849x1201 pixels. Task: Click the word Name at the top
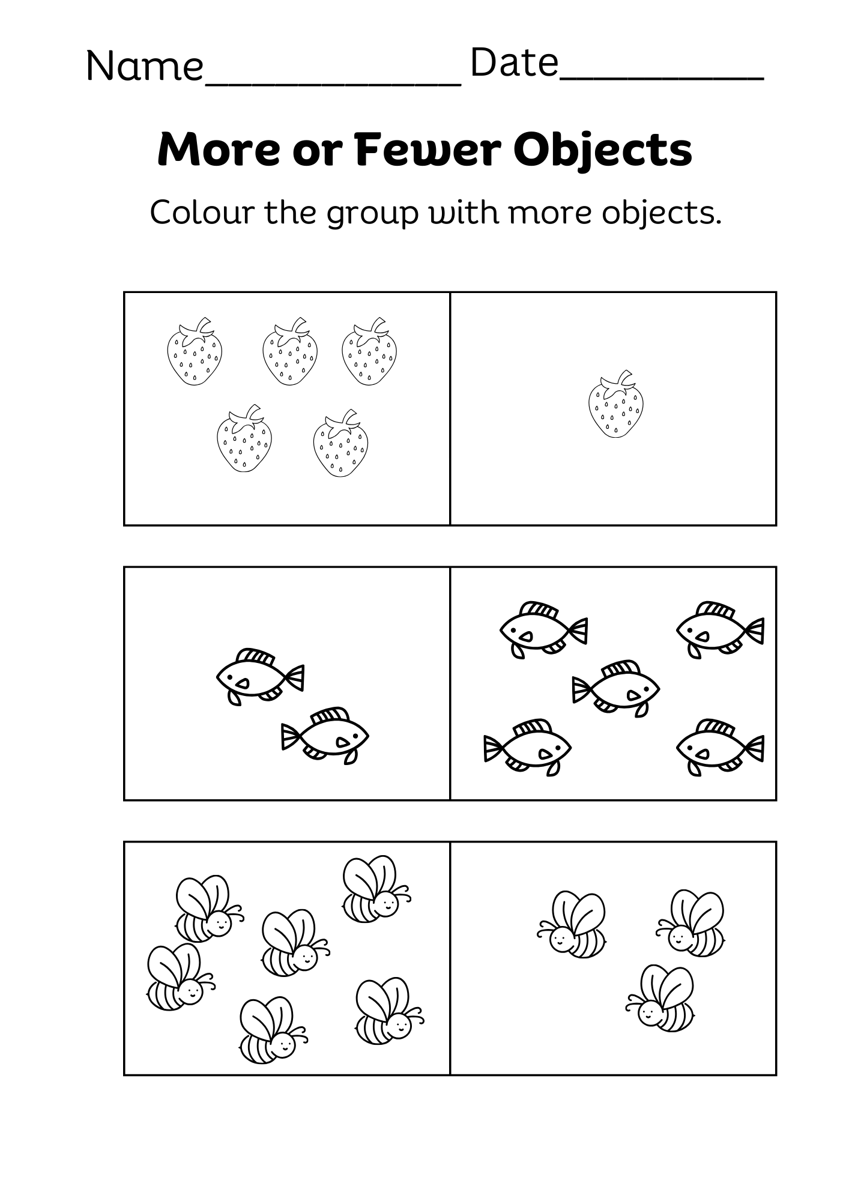(145, 65)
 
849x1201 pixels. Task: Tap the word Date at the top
(514, 62)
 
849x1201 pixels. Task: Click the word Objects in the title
(603, 151)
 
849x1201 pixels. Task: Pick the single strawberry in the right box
(615, 404)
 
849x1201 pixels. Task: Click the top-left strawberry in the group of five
(195, 351)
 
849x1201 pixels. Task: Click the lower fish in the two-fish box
(325, 735)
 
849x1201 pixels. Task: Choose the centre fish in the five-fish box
(616, 688)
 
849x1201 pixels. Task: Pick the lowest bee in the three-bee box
(660, 999)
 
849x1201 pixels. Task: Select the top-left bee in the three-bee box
(572, 925)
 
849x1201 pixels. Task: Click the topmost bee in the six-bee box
(376, 889)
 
